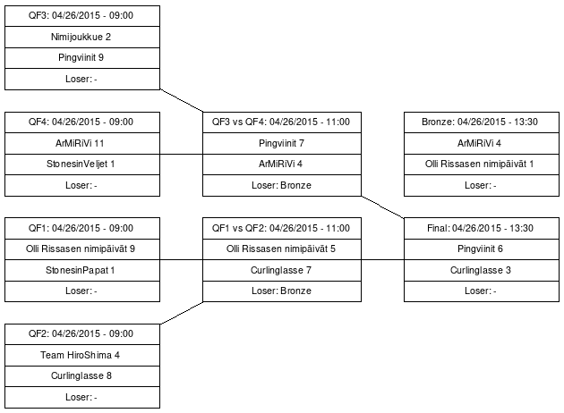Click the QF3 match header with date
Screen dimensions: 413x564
[x=81, y=16]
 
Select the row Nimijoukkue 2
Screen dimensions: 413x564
[x=81, y=37]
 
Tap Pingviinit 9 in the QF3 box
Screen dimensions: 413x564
[x=81, y=57]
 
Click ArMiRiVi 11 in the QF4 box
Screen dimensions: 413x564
[x=81, y=143]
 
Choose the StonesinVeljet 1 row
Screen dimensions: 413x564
[x=81, y=164]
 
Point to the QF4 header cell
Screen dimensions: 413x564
[x=81, y=122]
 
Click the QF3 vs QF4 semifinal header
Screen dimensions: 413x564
[x=281, y=122]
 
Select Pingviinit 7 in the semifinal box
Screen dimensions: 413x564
[x=281, y=143]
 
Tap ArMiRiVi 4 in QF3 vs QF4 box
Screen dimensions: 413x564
[x=281, y=164]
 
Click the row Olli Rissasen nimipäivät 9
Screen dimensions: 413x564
[x=81, y=249]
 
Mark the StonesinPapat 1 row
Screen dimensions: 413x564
[x=81, y=269]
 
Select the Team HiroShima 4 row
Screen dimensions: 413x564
[x=81, y=355]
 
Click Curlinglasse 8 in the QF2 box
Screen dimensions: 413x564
[x=81, y=375]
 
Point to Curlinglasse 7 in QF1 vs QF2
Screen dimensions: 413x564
[x=281, y=269]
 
